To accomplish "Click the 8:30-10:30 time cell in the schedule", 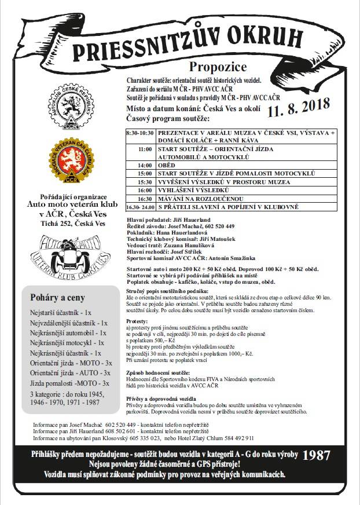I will coord(139,133).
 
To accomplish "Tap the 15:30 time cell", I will coord(140,181).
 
